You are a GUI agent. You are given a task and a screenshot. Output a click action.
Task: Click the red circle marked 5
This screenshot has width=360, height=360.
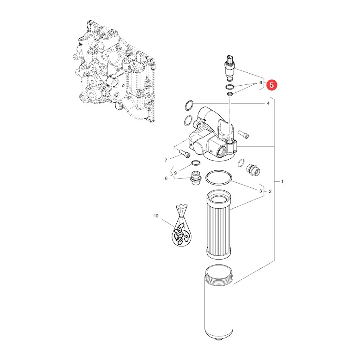[x=272, y=85]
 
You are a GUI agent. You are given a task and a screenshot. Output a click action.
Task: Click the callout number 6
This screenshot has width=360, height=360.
[x=260, y=82]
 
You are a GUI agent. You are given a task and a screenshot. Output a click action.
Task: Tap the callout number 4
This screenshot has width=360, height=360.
[x=268, y=104]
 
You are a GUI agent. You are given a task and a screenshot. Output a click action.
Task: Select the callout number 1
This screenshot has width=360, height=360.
[x=282, y=181]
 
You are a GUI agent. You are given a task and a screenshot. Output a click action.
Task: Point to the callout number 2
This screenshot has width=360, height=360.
[x=270, y=191]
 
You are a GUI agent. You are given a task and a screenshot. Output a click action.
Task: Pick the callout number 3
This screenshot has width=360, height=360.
[x=260, y=191]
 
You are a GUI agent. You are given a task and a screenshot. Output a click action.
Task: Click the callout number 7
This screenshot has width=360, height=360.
[x=166, y=160]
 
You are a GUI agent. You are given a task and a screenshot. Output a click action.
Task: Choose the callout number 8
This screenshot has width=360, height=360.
[x=166, y=178]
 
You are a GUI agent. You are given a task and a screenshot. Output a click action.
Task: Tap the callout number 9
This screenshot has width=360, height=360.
[x=176, y=173]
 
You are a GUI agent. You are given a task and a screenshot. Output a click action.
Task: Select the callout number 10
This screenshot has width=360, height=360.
[x=156, y=216]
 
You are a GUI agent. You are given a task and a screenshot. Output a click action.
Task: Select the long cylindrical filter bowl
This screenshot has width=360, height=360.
[x=218, y=303]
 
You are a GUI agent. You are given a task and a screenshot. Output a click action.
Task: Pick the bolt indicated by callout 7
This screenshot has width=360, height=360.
[x=184, y=154]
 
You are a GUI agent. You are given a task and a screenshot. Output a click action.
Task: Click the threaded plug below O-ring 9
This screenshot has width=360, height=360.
[x=196, y=178]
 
